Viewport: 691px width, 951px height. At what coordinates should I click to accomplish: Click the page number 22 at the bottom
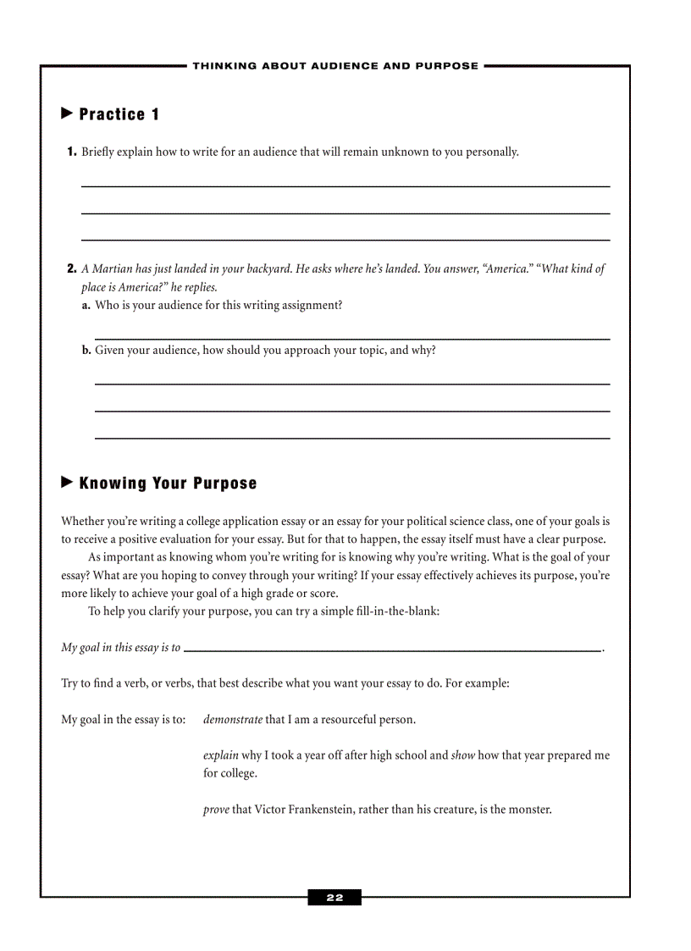(334, 898)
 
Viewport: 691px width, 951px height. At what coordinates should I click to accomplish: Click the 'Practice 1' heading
(119, 114)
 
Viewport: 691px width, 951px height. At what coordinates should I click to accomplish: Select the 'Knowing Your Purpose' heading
(168, 484)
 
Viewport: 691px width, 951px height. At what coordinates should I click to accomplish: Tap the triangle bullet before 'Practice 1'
(68, 113)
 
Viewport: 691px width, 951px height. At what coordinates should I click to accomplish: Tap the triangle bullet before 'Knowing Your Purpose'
(68, 483)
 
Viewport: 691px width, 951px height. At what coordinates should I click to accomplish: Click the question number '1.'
(72, 152)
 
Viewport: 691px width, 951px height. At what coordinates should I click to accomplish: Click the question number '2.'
(72, 269)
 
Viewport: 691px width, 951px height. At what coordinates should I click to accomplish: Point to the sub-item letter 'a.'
(86, 306)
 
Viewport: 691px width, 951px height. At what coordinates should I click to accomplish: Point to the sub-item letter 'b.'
(86, 350)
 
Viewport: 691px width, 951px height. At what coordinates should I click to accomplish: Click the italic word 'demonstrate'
(233, 720)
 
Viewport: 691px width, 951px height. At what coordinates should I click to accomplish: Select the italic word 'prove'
(216, 810)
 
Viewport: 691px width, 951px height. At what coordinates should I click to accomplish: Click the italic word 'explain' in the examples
(221, 755)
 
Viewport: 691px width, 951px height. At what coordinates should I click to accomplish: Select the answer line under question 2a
(351, 339)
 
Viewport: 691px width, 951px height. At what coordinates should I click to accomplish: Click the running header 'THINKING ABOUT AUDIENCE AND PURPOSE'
(335, 66)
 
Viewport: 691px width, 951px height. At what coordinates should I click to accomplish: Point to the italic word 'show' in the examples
(462, 755)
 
